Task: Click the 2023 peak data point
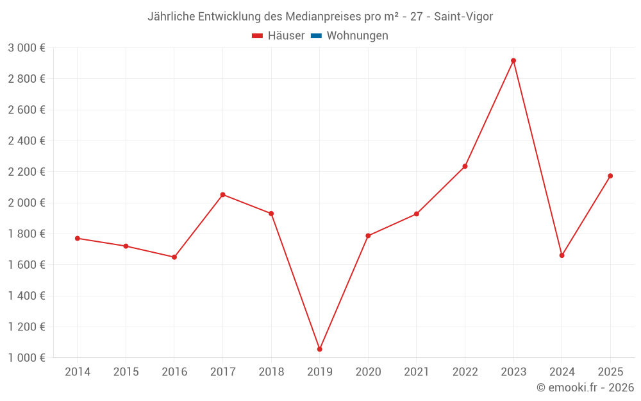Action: tap(513, 61)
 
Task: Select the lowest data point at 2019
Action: tap(320, 349)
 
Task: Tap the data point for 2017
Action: tap(222, 194)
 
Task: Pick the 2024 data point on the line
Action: tap(562, 255)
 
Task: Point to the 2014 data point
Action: tap(78, 238)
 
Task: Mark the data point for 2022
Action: tap(465, 166)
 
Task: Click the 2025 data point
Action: tap(610, 176)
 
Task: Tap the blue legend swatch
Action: tap(316, 36)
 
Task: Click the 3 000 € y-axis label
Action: tap(27, 48)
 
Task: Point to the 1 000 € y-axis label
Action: tap(27, 358)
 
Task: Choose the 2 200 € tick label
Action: tap(27, 172)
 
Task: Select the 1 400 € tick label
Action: tap(27, 296)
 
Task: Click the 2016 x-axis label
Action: tap(174, 372)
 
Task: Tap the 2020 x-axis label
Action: tap(368, 372)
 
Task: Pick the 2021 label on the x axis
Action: tap(417, 372)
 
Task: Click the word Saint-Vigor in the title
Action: tap(463, 17)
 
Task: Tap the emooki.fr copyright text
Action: tap(585, 388)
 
